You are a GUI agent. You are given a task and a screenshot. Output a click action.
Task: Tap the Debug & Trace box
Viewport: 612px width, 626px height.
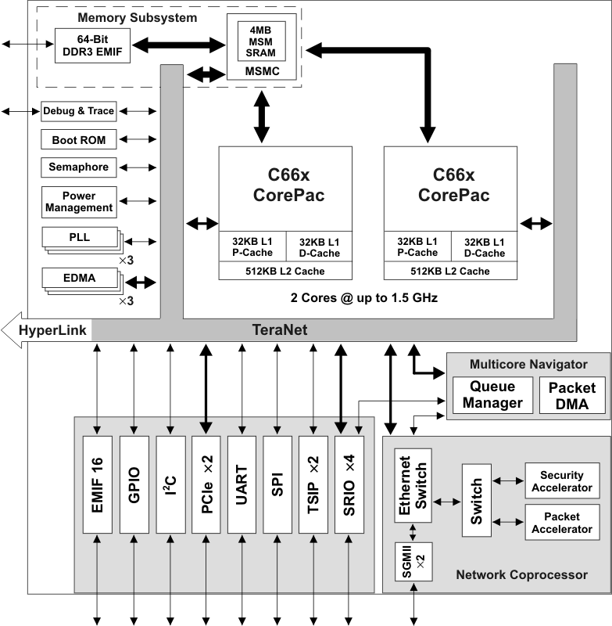pos(78,111)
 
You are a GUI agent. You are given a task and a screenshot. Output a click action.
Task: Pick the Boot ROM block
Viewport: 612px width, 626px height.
pos(78,140)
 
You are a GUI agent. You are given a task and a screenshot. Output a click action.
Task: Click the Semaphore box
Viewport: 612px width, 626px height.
pos(78,167)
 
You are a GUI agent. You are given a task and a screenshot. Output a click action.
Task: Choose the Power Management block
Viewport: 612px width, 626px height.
pos(78,202)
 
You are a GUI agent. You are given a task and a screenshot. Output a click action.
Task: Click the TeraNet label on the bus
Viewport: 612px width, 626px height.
pos(280,331)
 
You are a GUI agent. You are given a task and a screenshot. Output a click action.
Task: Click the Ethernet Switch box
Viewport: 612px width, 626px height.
pos(412,486)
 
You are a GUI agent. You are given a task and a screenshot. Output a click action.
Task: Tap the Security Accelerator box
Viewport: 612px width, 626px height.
pos(562,480)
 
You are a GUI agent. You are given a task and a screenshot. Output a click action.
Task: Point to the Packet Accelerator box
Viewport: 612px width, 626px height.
pos(562,523)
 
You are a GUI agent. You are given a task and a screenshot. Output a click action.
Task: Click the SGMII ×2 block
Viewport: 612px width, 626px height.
pos(412,566)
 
